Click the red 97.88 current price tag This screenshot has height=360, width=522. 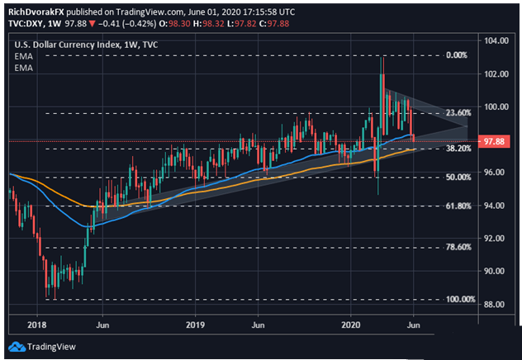pos(493,141)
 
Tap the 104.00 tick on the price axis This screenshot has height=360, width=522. pos(497,40)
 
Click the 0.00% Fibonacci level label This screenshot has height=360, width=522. pos(457,55)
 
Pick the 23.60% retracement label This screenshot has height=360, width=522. pos(458,113)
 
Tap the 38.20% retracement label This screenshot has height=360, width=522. pos(458,149)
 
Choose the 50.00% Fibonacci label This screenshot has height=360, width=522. pos(458,177)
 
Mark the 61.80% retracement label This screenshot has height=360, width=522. pos(458,206)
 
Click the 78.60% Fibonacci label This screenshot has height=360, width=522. pos(458,247)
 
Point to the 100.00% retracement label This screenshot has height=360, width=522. pos(461,299)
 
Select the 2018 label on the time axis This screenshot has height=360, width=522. pos(37,324)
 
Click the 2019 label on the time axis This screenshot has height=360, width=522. pos(195,324)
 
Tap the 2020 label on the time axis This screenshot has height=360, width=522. pos(351,324)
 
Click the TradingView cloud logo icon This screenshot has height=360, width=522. pos(17,347)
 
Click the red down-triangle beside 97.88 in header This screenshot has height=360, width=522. pos(92,24)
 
